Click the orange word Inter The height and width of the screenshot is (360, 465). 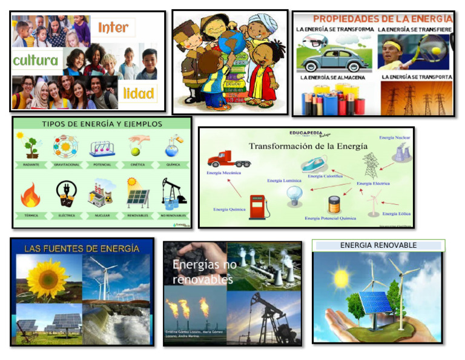point(113,27)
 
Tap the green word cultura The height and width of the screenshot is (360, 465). point(35,61)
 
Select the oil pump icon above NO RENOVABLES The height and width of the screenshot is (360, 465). point(173,193)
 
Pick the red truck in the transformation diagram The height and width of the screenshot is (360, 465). point(228,159)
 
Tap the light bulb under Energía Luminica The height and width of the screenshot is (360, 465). point(294,195)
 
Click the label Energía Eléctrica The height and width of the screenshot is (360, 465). point(373,183)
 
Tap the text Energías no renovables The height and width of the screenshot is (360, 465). point(204,272)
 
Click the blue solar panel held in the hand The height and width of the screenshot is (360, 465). point(375,302)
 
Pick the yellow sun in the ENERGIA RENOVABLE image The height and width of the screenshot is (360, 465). point(341,278)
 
